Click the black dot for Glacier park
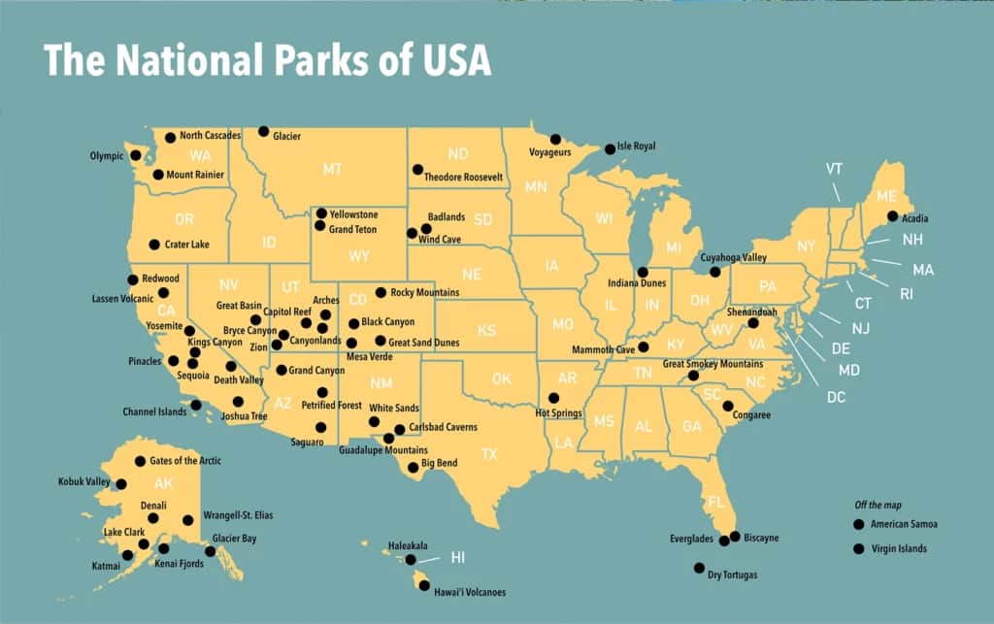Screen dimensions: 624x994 263,131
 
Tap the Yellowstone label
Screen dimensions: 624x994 353,213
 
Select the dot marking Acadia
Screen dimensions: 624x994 892,216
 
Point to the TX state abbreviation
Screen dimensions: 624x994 489,453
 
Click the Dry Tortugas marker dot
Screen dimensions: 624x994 699,568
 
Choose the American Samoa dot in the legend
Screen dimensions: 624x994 858,524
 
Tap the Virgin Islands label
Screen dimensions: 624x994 898,548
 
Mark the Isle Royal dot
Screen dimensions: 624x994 610,148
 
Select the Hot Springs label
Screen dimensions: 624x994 558,413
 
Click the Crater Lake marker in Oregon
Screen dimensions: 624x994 153,245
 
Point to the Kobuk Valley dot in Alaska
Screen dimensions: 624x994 121,483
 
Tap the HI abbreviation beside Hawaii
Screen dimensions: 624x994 458,557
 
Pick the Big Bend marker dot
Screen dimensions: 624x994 414,467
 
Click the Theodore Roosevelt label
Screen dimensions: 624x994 463,178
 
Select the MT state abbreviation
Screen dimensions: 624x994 332,169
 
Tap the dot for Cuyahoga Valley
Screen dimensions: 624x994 715,272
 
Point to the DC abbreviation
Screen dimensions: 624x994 836,396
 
